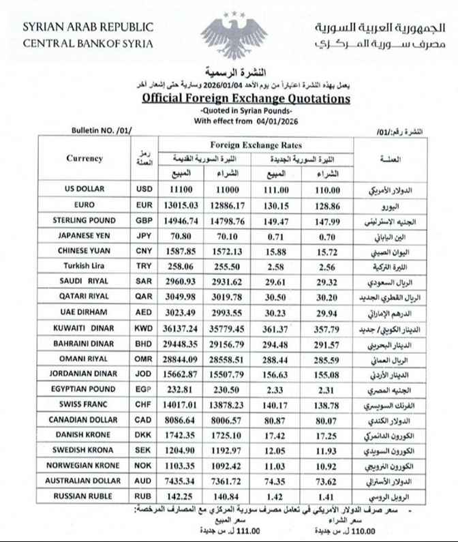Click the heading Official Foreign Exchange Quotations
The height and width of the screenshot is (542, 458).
pyautogui.click(x=245, y=99)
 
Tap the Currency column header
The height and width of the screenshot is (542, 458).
pyautogui.click(x=85, y=159)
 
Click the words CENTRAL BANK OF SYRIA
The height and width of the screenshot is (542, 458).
pyautogui.click(x=89, y=44)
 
